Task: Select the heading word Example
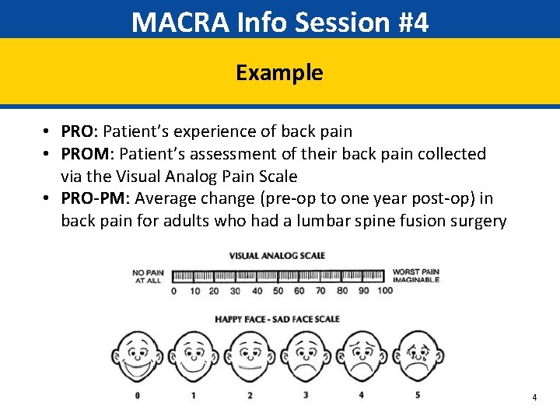tap(279, 72)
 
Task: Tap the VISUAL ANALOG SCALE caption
tap(277, 256)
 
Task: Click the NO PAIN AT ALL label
tap(148, 276)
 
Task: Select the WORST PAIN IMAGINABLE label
tap(415, 276)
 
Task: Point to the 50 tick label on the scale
tap(278, 291)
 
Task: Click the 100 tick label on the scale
tap(384, 291)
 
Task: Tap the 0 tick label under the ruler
tap(173, 291)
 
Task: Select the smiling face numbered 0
tap(137, 357)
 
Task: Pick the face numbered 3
tap(306, 357)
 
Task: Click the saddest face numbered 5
tap(418, 357)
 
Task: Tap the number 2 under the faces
tap(250, 395)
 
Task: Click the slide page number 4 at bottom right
tap(534, 397)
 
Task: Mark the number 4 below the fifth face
tap(362, 395)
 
